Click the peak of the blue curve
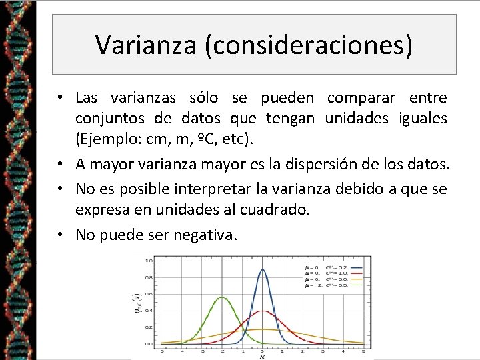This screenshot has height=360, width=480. [x=263, y=270]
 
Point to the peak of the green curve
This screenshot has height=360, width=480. [x=222, y=297]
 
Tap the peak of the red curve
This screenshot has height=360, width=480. [x=263, y=311]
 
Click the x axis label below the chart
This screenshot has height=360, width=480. [x=262, y=357]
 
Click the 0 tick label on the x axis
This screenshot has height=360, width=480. [x=263, y=350]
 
